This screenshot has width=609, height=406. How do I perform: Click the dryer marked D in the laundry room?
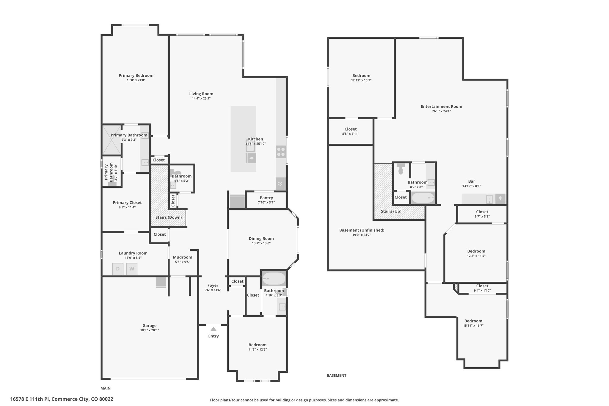pos(118,269)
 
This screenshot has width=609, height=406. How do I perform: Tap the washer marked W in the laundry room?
pos(132,269)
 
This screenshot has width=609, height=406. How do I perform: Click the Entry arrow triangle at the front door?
pos(214,329)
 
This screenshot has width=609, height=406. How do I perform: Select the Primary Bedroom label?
pos(136,76)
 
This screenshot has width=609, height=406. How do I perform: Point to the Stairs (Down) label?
pos(169,217)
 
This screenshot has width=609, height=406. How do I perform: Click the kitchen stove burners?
pos(280,152)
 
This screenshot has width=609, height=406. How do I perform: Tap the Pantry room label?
pos(266,198)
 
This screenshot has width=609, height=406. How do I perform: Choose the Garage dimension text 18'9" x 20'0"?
pos(150,330)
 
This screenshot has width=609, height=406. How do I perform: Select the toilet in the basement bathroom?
pos(401,169)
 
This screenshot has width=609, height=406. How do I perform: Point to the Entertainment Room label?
pos(441,106)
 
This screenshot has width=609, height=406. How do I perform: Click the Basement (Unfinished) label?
pos(362,230)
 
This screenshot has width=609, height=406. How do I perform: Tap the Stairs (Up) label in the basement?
pos(391,211)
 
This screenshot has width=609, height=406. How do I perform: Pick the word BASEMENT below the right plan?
pos(336,375)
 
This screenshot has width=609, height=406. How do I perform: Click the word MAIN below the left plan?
pos(106,388)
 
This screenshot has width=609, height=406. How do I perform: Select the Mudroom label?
pos(183,257)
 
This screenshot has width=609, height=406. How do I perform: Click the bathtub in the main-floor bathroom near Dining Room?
pos(274,279)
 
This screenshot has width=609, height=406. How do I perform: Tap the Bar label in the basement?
pos(472,181)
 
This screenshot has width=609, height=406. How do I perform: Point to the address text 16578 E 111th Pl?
pos(30,399)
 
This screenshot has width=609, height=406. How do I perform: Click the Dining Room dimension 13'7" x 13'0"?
pos(261,243)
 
